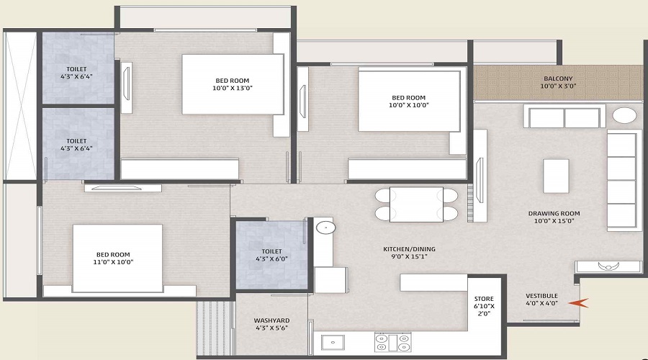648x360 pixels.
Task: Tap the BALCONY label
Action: click(x=558, y=78)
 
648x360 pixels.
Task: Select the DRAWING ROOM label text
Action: click(x=554, y=214)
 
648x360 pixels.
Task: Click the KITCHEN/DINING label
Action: click(x=409, y=249)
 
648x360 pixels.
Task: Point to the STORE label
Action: click(x=484, y=299)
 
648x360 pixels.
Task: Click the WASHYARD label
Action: click(x=271, y=320)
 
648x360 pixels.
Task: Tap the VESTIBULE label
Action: click(x=541, y=296)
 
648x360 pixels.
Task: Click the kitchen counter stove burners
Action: click(x=392, y=343)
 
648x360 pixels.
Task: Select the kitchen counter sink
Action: click(x=333, y=342)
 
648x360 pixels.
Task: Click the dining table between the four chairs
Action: click(x=416, y=204)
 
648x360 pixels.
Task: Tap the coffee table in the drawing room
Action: click(x=556, y=176)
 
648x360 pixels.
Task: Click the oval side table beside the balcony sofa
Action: click(x=624, y=115)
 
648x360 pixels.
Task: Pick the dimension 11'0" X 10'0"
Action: click(x=113, y=262)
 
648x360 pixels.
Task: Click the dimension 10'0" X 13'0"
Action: click(x=233, y=88)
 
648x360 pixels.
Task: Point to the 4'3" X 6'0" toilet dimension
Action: click(x=271, y=259)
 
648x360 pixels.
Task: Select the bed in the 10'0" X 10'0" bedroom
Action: click(x=409, y=102)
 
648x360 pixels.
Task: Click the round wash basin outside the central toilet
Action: click(x=325, y=227)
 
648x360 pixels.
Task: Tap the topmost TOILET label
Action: click(x=76, y=69)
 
